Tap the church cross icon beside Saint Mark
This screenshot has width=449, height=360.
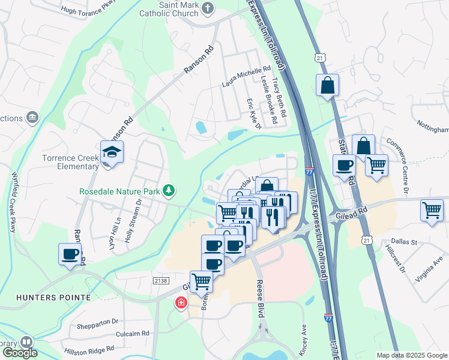[x=208, y=8]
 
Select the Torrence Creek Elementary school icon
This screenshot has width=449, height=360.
[x=112, y=154]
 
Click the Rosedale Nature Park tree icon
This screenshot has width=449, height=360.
[x=170, y=191]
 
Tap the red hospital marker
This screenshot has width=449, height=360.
[x=180, y=303]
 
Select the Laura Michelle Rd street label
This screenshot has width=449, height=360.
[x=247, y=74]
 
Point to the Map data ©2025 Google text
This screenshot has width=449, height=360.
[x=411, y=355]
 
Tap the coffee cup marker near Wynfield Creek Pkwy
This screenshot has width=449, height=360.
[x=70, y=254]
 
